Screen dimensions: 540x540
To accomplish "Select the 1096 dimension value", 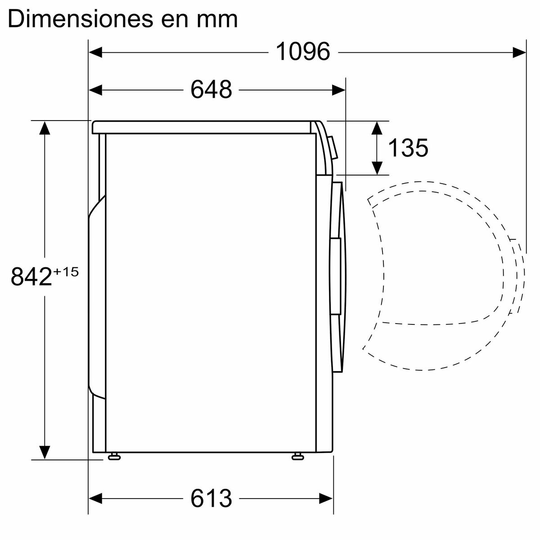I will pos(302,52).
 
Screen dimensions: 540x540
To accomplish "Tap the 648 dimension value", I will pos(211,90).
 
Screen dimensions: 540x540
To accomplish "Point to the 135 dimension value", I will pos(408,148).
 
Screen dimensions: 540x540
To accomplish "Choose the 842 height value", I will pos(31,276).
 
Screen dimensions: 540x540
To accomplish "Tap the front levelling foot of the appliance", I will pos(297,457).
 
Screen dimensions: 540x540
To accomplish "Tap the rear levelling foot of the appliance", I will pos(113,457).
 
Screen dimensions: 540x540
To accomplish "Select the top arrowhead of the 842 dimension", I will pos(44,128).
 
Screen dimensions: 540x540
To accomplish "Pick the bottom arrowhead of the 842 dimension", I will pos(44,452).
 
